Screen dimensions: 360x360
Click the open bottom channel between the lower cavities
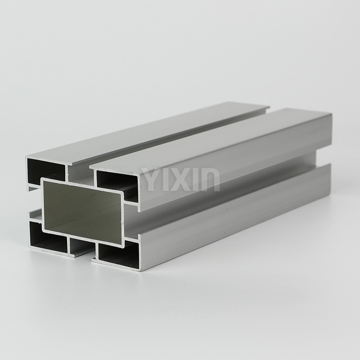[81, 247]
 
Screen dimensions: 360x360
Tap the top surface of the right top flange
[216, 139]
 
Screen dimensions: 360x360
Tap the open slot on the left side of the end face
[32, 198]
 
